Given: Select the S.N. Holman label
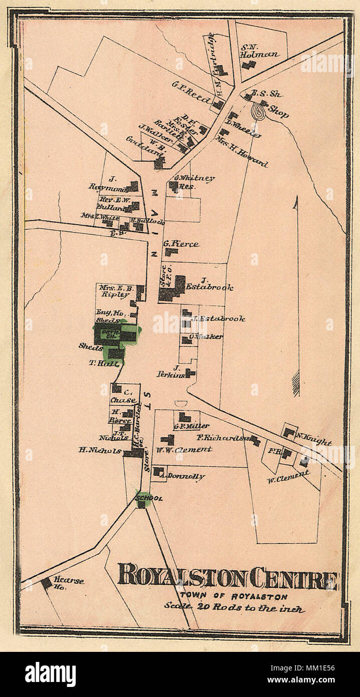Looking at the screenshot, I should point(258,50).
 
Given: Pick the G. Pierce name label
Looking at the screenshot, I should point(181,244).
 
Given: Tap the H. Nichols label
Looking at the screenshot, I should point(100,450).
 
